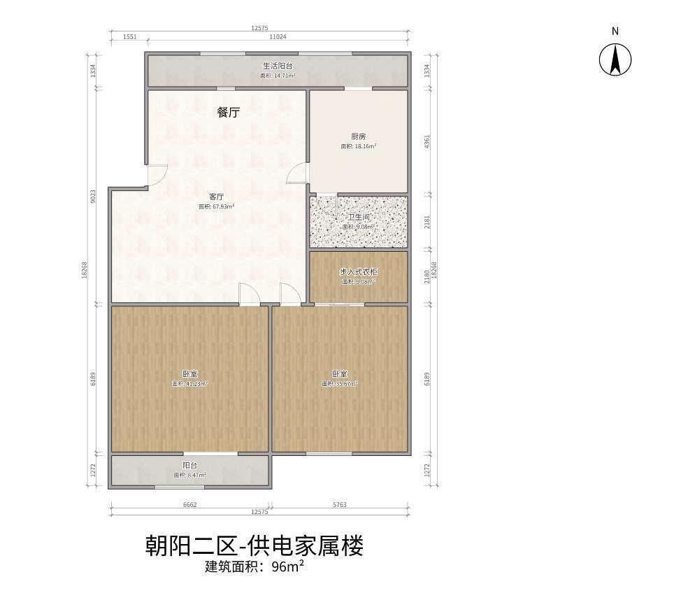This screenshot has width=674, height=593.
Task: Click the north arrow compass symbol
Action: click(x=615, y=59)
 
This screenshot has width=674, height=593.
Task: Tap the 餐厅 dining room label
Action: click(x=228, y=112)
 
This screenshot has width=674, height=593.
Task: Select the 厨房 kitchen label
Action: click(x=358, y=136)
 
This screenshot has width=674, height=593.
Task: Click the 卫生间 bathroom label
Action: click(x=359, y=217)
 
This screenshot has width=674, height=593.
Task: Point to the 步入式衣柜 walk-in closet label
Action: click(x=359, y=271)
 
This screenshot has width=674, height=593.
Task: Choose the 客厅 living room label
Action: click(x=216, y=197)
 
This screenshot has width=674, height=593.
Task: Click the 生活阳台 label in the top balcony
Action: click(x=278, y=66)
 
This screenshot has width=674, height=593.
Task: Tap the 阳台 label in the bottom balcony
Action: click(x=189, y=465)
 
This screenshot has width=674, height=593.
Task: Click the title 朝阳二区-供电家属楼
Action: click(x=254, y=545)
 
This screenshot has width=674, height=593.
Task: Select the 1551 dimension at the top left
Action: click(x=129, y=36)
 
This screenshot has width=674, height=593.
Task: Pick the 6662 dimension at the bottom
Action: click(x=191, y=503)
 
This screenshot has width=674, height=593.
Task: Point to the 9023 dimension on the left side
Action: click(x=94, y=197)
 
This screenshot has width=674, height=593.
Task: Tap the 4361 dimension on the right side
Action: click(x=427, y=141)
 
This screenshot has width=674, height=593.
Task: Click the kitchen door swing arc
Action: click(x=300, y=172)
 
